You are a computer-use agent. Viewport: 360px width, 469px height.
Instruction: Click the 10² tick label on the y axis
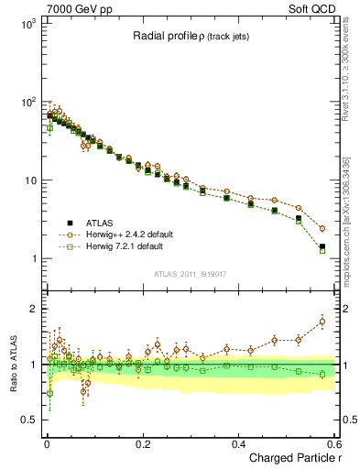[x=23, y=102]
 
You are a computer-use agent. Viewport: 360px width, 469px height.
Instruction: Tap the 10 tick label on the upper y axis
[x=26, y=180]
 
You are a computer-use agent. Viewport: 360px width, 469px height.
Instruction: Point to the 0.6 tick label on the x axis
[x=334, y=444]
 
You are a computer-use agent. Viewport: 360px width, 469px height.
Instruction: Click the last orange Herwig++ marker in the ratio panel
[x=322, y=322]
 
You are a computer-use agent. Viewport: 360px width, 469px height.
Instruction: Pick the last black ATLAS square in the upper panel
[x=322, y=246]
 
